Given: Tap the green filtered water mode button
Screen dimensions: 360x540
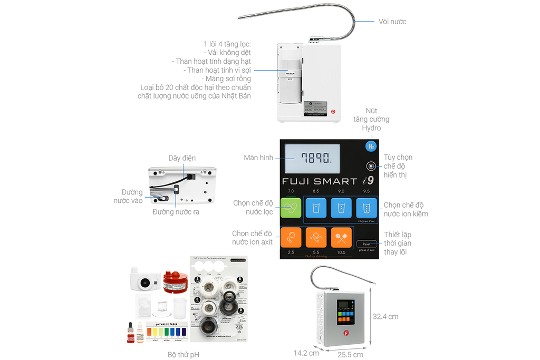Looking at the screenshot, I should pos(291,208).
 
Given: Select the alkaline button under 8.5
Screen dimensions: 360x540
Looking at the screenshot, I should pos(316,208).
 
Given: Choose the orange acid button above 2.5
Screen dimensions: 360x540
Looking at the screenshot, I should pos(291,237).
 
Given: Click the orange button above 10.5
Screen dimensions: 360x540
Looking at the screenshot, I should pos(341,237).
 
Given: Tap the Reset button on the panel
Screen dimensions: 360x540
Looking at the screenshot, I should pos(366,244).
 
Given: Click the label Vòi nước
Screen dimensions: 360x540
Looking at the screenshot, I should pos(392,22).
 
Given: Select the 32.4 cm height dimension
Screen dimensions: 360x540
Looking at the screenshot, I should pos(385,317).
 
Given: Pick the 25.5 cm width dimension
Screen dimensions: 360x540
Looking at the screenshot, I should pos(350,355).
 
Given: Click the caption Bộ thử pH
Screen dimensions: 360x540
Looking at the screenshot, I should pos(184,355).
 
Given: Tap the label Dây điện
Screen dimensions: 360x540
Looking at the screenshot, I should pos(182,158).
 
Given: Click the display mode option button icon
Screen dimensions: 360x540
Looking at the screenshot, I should pos(371,166).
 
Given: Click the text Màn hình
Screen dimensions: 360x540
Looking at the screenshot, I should pos(258,158).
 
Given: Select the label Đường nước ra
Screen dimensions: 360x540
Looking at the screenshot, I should pos(176,212).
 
